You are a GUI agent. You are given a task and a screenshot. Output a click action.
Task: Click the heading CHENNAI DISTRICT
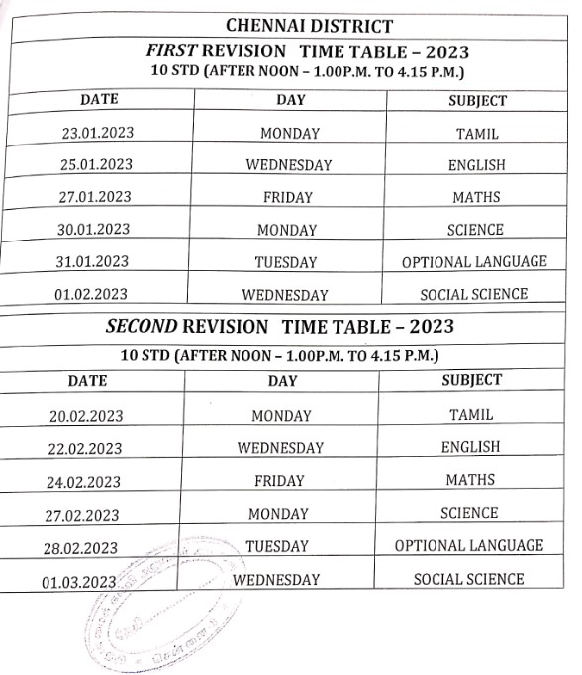(x=295, y=25)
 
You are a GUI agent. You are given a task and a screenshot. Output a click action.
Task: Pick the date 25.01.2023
(x=96, y=164)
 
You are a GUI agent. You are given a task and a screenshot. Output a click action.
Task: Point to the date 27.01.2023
(x=95, y=197)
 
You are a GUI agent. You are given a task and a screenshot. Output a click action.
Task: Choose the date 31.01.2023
(x=93, y=262)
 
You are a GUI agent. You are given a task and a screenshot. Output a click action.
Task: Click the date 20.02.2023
(x=86, y=417)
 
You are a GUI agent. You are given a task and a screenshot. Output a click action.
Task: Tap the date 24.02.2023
(x=84, y=482)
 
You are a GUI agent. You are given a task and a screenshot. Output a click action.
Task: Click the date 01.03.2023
(x=79, y=583)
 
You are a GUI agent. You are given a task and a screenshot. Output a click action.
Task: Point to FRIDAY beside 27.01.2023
(x=288, y=197)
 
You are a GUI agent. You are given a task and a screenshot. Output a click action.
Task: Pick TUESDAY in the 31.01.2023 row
(x=287, y=262)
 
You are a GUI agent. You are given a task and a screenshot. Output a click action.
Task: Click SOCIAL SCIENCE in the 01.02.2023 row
(x=474, y=294)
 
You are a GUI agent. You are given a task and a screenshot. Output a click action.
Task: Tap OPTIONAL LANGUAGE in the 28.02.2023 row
(x=469, y=545)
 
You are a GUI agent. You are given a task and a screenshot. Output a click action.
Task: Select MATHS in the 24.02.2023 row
(x=470, y=480)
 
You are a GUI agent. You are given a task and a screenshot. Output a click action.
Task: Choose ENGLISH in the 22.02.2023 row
(x=470, y=447)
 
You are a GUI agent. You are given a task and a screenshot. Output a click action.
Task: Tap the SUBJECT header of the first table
(x=477, y=101)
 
